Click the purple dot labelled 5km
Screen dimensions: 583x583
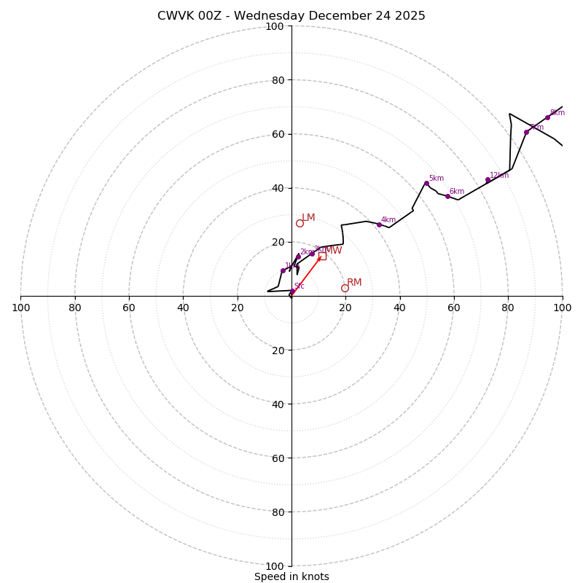tap(426, 183)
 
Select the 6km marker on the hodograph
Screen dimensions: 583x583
tap(447, 196)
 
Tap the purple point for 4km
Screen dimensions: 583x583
tap(379, 224)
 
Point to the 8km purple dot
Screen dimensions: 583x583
tap(547, 117)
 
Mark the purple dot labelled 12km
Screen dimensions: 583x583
tap(488, 180)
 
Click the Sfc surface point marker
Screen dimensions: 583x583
tap(293, 291)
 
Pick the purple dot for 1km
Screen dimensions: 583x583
tap(283, 270)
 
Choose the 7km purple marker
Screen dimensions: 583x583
tap(526, 132)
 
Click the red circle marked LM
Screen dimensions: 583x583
tap(300, 223)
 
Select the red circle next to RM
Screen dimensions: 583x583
tap(345, 288)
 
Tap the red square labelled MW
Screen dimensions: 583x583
tap(322, 256)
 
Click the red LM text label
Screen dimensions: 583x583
tap(308, 217)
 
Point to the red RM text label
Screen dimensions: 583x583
tap(354, 282)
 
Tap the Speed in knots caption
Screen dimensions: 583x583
tap(291, 576)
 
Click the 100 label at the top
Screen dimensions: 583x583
tap(275, 26)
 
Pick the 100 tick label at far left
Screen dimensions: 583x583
tap(20, 308)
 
